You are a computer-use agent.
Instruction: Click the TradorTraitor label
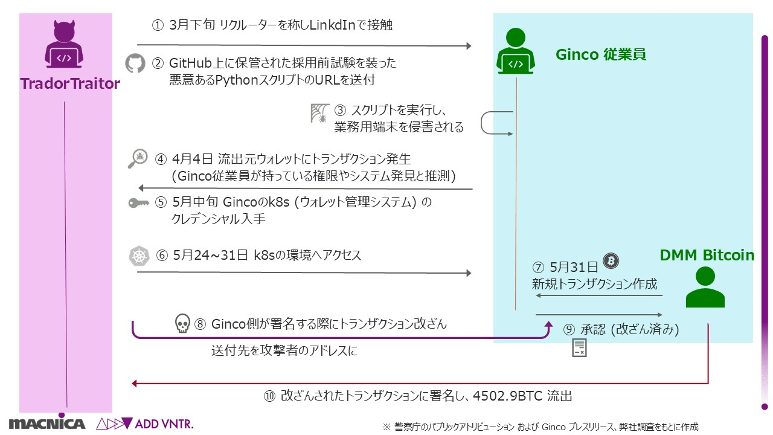pos(70,83)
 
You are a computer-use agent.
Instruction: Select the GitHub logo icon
pos(135,63)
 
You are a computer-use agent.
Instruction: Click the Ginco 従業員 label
pos(600,54)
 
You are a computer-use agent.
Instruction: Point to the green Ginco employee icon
pos(516,51)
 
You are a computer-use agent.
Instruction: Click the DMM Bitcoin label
pos(707,256)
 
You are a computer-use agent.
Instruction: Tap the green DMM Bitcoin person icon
pos(705,287)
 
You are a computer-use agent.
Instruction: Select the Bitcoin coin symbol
pos(612,260)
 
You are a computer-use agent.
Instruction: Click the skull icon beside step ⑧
pos(182,324)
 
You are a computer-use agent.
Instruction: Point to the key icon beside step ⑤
pos(139,203)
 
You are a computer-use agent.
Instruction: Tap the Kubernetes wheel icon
pos(139,256)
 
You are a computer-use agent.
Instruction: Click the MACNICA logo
pos(47,423)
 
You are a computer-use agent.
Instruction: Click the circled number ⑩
pos(269,396)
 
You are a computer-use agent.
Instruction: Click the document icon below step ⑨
pos(579,348)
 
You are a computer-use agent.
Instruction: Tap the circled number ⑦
pos(538,267)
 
